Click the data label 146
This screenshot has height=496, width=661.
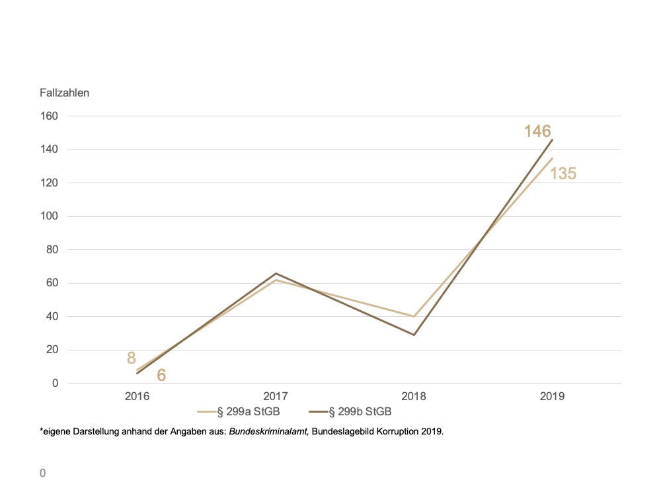coord(537,131)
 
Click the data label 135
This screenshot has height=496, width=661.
coord(563,174)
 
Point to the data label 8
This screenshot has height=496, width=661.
coord(131,358)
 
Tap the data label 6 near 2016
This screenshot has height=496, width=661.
coord(161,376)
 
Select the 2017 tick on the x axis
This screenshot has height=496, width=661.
coord(276,397)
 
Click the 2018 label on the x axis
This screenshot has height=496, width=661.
coord(414,397)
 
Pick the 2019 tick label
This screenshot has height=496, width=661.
coord(552,397)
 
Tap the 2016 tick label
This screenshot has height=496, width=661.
coord(137,397)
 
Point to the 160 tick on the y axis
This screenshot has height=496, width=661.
coord(50,116)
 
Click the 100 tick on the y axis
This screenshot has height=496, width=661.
coord(50,216)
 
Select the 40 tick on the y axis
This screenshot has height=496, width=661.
coord(53,317)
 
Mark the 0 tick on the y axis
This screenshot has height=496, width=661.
coord(56,384)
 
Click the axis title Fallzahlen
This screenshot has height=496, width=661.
coord(64,93)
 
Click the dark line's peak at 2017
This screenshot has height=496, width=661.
coord(276,273)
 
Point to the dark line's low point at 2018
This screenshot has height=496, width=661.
coord(414,335)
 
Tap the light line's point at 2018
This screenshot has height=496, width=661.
coord(414,316)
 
